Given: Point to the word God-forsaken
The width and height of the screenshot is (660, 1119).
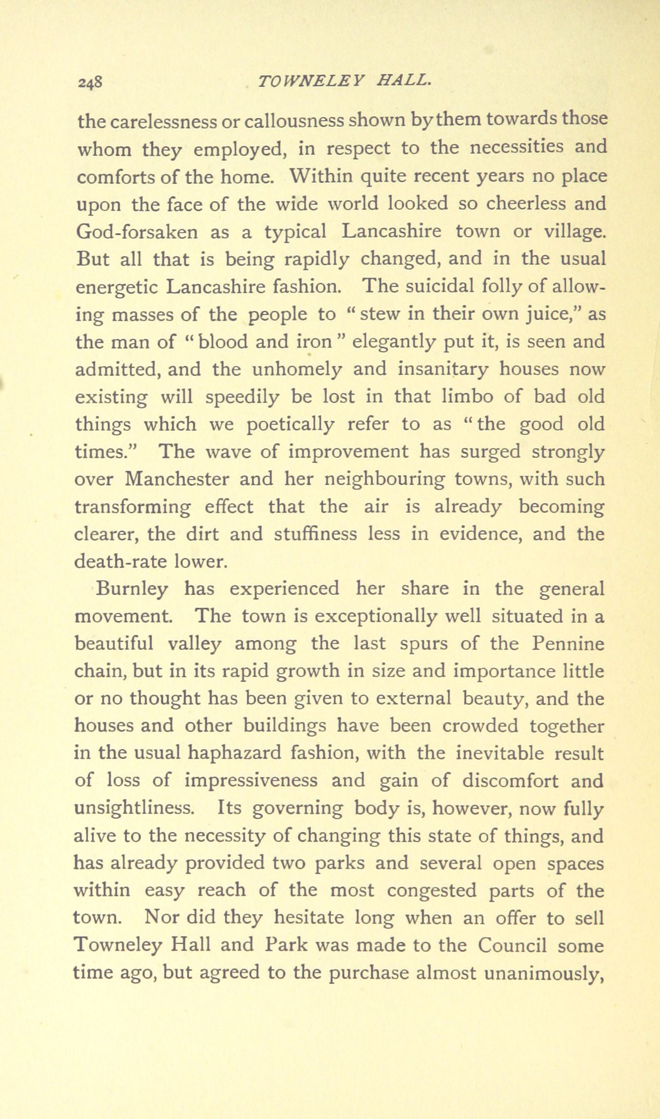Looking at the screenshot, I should tap(138, 231).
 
